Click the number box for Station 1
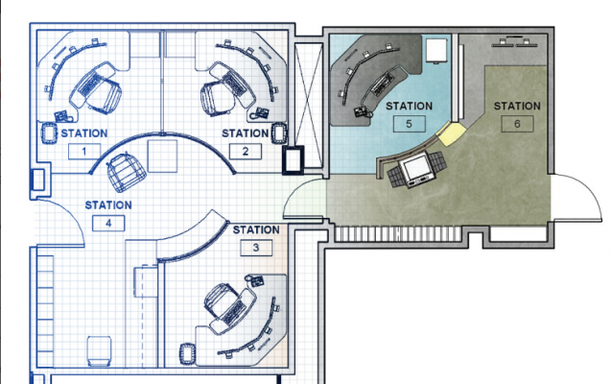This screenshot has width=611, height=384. [84, 152]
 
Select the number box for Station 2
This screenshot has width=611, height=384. [246, 152]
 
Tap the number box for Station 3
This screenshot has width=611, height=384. [256, 248]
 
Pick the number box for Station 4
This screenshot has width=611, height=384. [108, 224]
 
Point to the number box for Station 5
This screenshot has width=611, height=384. [410, 124]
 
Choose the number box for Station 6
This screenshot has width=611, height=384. [517, 124]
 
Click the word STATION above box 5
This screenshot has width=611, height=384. [410, 106]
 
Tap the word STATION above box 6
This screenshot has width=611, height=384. [517, 106]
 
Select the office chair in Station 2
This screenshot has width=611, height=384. [217, 99]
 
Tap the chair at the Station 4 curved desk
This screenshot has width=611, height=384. [125, 172]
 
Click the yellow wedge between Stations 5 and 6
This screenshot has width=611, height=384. [451, 133]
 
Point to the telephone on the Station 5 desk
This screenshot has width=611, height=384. [362, 112]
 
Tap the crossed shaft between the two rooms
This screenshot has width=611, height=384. [309, 106]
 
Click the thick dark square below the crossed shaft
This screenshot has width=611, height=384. [294, 159]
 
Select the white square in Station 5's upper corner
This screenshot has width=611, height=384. [436, 50]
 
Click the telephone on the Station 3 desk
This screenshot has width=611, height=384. [255, 280]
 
